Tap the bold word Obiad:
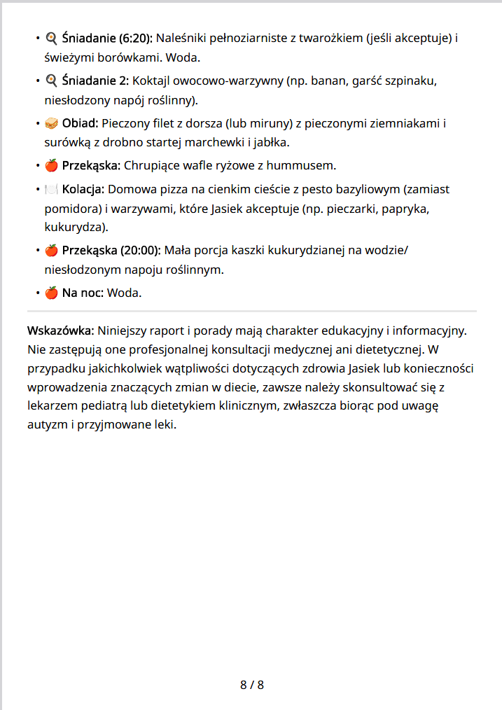pos(81,124)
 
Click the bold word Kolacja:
pos(83,189)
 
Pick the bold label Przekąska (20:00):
pos(111,250)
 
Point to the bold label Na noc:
pos(83,293)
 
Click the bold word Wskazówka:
pos(61,330)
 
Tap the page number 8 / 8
pos(252,685)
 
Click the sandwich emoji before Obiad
pos(51,124)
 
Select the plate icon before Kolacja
pos(51,189)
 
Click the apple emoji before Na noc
pos(51,293)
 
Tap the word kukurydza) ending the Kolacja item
pos(75,228)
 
